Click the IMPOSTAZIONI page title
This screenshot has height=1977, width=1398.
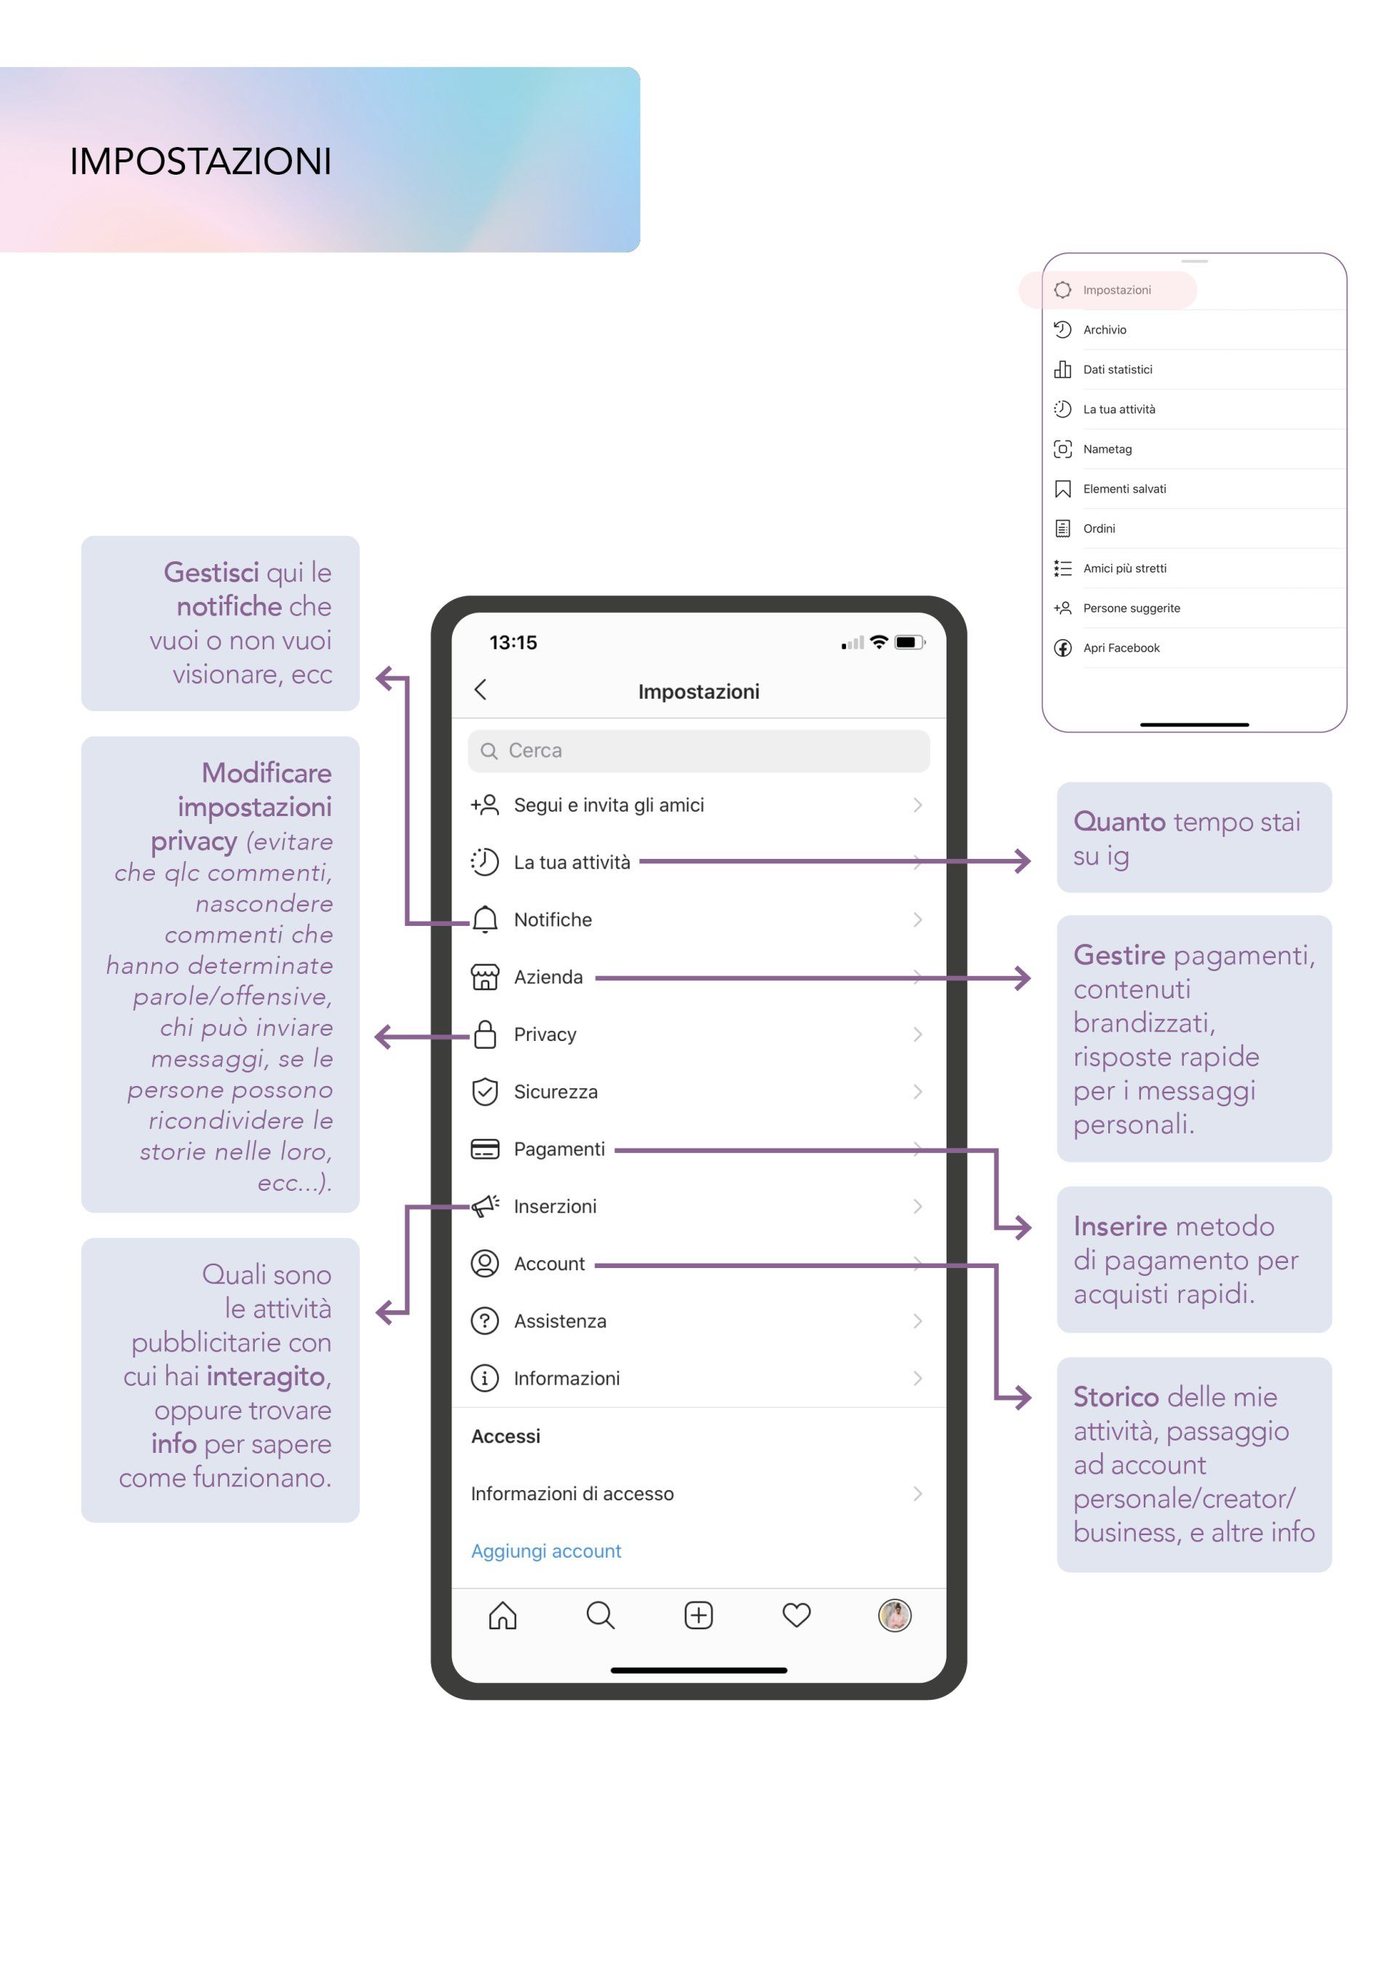pyautogui.click(x=201, y=161)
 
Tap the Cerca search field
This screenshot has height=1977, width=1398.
pyautogui.click(x=698, y=751)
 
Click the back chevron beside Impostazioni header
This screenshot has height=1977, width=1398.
pyautogui.click(x=481, y=690)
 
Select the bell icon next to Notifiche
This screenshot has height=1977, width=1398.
pyautogui.click(x=485, y=919)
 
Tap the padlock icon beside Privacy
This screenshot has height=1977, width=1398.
pyautogui.click(x=485, y=1034)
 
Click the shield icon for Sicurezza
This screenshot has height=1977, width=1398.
pyautogui.click(x=485, y=1092)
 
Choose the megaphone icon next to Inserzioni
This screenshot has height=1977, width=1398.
pyautogui.click(x=485, y=1205)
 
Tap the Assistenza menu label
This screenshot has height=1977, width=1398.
pyautogui.click(x=560, y=1321)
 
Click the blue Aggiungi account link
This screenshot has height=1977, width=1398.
pyautogui.click(x=546, y=1550)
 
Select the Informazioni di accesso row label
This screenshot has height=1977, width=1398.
pyautogui.click(x=572, y=1494)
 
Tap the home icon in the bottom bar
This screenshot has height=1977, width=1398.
pyautogui.click(x=503, y=1615)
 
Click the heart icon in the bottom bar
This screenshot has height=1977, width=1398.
pyautogui.click(x=797, y=1615)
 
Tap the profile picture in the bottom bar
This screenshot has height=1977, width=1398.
pyautogui.click(x=895, y=1615)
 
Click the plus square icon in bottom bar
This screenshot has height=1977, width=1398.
pyautogui.click(x=698, y=1615)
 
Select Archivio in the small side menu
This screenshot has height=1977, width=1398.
pyautogui.click(x=1105, y=330)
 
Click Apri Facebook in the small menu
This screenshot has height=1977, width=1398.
pyautogui.click(x=1121, y=649)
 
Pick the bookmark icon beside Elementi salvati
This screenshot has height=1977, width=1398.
pyautogui.click(x=1063, y=489)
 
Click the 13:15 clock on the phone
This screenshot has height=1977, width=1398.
pyautogui.click(x=513, y=642)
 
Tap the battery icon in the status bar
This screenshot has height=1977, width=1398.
pyautogui.click(x=909, y=642)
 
